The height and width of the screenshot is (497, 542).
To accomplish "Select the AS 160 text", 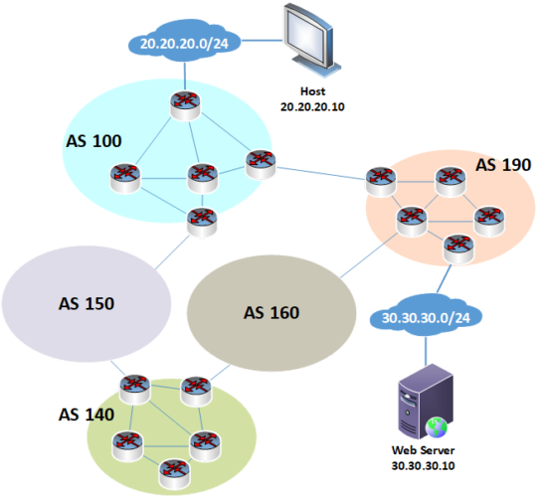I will [271, 312].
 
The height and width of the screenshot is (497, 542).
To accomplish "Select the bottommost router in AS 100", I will [202, 219].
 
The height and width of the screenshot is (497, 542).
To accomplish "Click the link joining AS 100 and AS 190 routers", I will [318, 172].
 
